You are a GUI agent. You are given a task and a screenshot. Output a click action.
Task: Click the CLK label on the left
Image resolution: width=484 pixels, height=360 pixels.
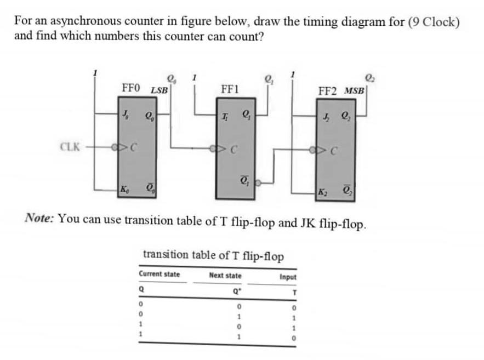point(70,147)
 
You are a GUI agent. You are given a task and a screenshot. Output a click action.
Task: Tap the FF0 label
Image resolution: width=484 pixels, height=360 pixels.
point(132,88)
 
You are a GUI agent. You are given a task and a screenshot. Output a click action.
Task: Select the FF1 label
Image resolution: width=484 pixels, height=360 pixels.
point(229,88)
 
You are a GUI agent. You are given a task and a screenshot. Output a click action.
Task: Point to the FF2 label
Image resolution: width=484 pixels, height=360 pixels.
point(329,90)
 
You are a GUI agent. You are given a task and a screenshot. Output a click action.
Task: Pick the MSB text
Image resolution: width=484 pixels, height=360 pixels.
point(354,90)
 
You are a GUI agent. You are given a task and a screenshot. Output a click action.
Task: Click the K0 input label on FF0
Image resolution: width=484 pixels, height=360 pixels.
point(126,189)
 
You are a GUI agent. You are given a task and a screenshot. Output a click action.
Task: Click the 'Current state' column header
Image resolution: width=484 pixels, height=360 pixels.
point(159,274)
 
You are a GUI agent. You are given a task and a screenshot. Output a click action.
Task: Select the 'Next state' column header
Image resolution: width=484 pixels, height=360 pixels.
point(225,275)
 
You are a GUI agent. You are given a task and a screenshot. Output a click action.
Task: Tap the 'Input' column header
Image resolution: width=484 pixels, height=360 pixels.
point(288,277)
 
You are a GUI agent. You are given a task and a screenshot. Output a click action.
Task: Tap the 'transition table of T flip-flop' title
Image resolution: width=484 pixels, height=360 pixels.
point(213,255)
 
